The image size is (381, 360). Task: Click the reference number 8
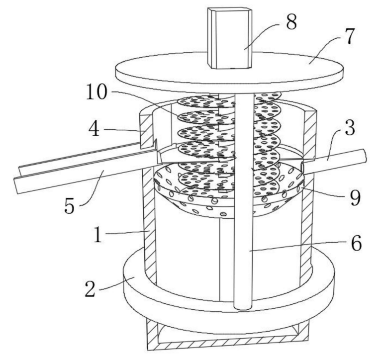coord(291,22)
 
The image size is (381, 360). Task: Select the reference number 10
coord(96,92)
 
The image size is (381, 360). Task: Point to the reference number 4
coord(94,129)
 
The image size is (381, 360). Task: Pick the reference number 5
coord(69,206)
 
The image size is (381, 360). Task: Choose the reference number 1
coord(98,234)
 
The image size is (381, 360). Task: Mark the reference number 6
coord(356,243)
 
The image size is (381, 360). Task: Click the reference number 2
coord(90,288)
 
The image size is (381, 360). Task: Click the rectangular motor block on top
coord(230,38)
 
